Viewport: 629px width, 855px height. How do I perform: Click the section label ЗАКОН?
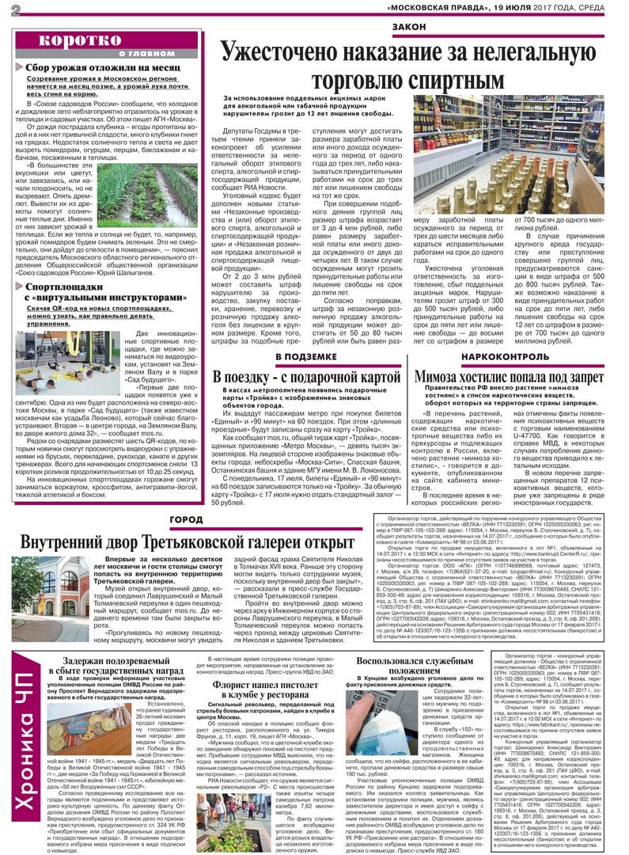pyautogui.click(x=412, y=28)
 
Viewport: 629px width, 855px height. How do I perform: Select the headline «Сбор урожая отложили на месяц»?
pyautogui.click(x=103, y=68)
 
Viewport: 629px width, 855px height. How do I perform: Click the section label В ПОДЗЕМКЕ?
pyautogui.click(x=303, y=358)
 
